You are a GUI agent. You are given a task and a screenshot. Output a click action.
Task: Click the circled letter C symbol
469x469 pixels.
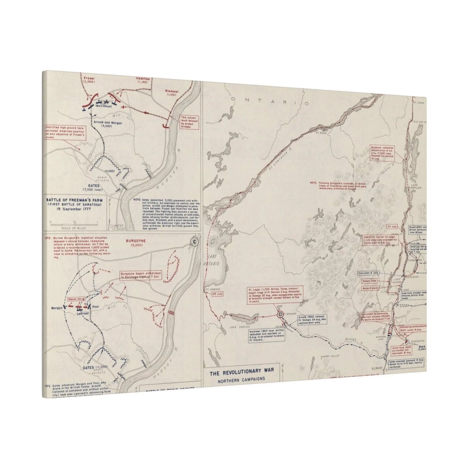click(x=194, y=241)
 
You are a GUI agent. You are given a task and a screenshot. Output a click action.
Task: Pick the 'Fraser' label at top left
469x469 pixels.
click(x=89, y=78)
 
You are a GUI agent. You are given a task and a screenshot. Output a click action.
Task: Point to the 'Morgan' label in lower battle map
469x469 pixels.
click(x=57, y=307)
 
